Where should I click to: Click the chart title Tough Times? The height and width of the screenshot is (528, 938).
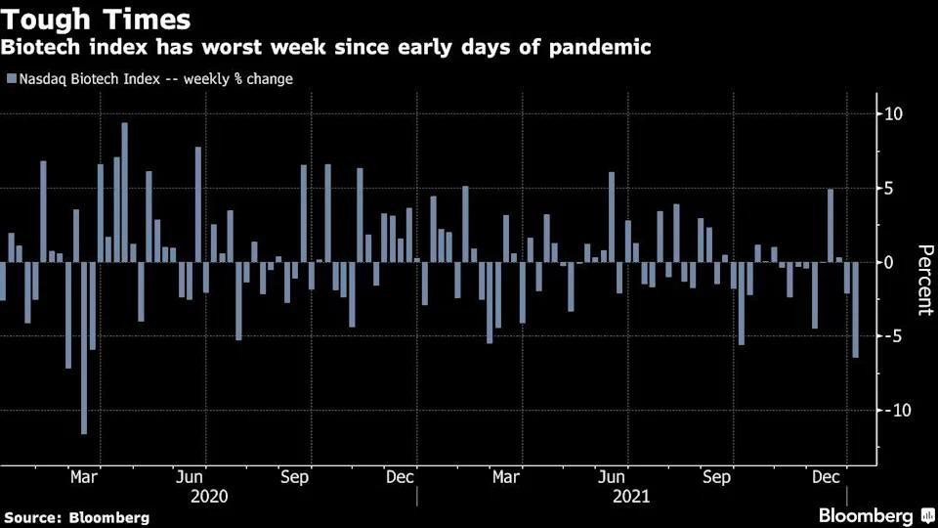(96, 19)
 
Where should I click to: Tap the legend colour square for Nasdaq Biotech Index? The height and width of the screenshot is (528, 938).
(11, 79)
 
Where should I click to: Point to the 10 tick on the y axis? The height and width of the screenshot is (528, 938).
(894, 114)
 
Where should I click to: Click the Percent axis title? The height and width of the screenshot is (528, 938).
(923, 279)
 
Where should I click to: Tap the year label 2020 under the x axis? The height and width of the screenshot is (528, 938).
(208, 496)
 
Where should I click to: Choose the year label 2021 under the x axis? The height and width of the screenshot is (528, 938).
(631, 496)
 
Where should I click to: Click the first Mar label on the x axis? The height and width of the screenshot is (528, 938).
(84, 477)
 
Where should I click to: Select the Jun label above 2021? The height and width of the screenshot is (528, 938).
(611, 477)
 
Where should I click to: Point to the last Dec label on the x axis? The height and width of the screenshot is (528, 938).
(828, 477)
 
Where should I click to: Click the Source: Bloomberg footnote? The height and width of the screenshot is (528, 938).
(77, 516)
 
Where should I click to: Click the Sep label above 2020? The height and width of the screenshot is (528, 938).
(294, 477)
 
